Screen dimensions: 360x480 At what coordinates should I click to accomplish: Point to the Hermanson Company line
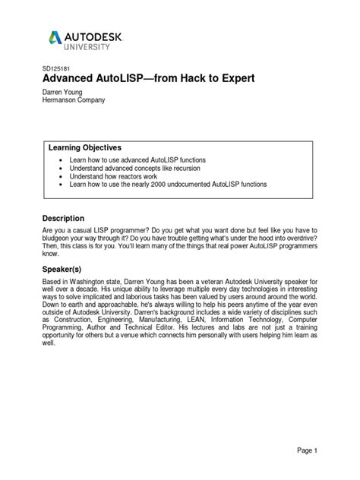click(x=73, y=99)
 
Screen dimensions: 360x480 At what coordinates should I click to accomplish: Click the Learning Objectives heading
click(x=85, y=147)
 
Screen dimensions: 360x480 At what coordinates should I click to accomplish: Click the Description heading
click(x=68, y=218)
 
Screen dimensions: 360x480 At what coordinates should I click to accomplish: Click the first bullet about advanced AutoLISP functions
click(x=137, y=160)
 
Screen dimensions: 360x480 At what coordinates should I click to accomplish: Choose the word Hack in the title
click(x=172, y=79)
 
